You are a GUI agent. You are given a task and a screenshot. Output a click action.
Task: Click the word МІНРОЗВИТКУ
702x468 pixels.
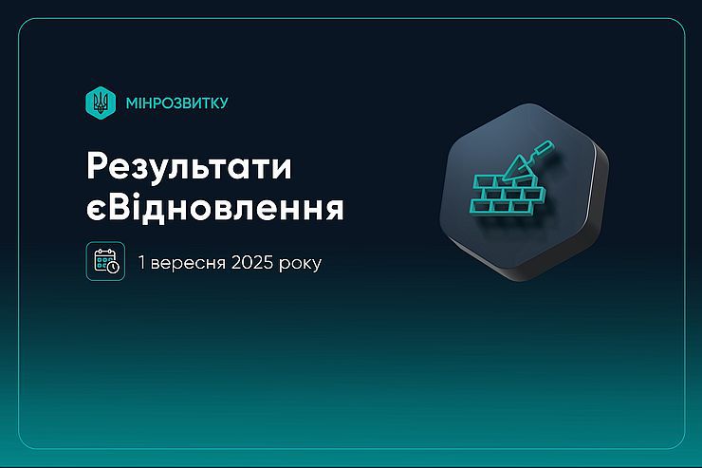(x=176, y=103)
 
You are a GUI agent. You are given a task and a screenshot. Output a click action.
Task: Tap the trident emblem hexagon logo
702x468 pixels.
(x=101, y=103)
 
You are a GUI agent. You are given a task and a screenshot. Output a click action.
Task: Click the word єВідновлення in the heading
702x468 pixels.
(x=215, y=208)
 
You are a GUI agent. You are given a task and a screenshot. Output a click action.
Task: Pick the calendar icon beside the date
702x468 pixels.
(x=105, y=261)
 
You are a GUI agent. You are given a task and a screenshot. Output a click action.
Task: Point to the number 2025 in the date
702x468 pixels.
(x=252, y=262)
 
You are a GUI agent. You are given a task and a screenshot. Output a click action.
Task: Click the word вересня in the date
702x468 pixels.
(x=188, y=263)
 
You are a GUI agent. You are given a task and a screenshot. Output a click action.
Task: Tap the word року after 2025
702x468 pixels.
(x=300, y=264)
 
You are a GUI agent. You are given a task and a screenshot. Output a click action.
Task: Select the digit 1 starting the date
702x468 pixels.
(x=142, y=262)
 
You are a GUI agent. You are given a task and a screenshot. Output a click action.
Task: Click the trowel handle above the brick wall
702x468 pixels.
(x=542, y=149)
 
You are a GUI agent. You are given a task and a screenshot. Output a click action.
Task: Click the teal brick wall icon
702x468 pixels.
(x=508, y=195)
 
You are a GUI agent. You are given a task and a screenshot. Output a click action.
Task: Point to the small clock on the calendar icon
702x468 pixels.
(x=113, y=267)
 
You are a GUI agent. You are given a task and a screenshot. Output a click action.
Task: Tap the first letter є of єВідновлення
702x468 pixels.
(x=96, y=211)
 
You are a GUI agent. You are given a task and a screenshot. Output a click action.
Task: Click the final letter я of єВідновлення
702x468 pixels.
(x=334, y=211)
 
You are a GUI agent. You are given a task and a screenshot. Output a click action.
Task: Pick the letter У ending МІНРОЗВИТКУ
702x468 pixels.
(x=223, y=103)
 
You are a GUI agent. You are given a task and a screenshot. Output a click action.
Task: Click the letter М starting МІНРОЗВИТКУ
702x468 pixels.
(x=133, y=103)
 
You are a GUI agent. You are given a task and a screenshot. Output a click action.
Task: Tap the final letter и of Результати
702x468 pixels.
(x=281, y=169)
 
